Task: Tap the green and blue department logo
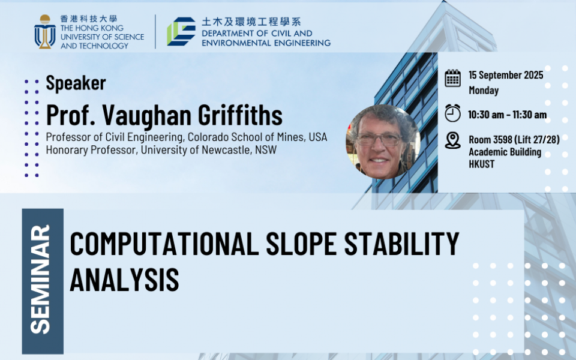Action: click(x=181, y=31)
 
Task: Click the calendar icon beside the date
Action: click(x=452, y=78)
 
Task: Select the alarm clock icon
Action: click(x=452, y=113)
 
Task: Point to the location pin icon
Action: click(x=453, y=140)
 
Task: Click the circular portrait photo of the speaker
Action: click(x=382, y=142)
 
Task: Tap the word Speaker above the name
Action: click(x=76, y=83)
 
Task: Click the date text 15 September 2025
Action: click(x=506, y=75)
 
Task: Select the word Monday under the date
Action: click(x=484, y=91)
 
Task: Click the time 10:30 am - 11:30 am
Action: click(x=507, y=114)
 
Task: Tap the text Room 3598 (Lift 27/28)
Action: click(x=514, y=139)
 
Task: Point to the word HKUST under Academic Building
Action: click(x=482, y=164)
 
